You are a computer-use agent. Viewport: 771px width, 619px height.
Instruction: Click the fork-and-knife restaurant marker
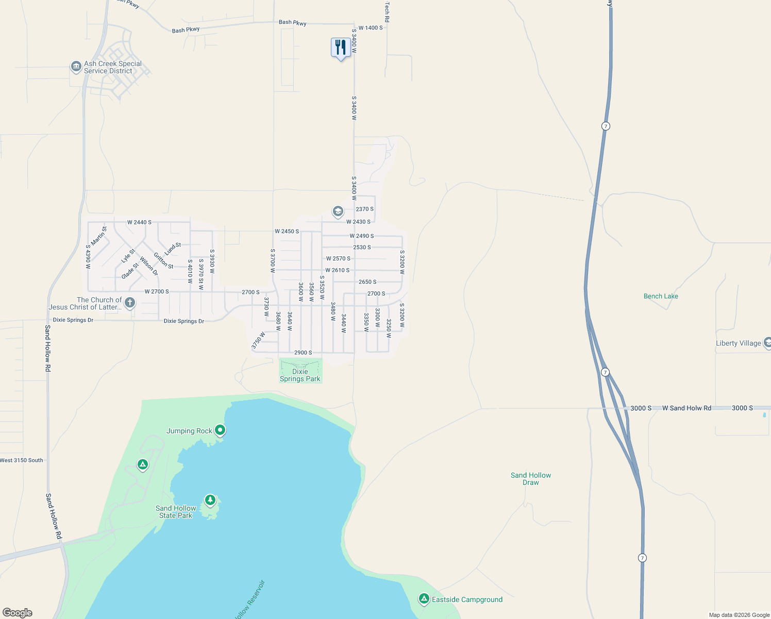pos(340,48)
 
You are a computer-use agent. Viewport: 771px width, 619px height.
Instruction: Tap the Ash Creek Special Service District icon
pos(76,67)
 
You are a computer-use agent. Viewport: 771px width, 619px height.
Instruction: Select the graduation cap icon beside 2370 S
pos(338,211)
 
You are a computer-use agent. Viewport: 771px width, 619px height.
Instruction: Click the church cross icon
pos(130,303)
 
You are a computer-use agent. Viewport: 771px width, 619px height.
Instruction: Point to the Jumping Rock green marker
pos(220,430)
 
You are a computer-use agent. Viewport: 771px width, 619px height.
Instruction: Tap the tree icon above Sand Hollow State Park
pos(210,500)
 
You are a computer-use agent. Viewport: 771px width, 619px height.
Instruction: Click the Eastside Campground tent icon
pos(424,598)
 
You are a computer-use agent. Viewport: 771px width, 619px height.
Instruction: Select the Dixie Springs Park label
pos(300,375)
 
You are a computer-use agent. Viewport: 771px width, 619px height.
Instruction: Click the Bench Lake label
pos(661,296)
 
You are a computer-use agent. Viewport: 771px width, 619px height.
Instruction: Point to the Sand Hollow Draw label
pos(531,479)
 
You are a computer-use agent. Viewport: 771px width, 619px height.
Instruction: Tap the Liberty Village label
pos(738,343)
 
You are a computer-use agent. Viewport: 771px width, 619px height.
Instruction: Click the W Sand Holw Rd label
pos(686,408)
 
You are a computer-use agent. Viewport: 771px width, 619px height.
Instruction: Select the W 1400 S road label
pos(371,28)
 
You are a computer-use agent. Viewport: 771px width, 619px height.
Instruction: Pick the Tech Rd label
pos(387,11)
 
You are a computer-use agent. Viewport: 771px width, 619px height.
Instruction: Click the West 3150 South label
pos(22,460)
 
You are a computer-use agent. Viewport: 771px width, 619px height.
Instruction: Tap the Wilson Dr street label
pos(149,266)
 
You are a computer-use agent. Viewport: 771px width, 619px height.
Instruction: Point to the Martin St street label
pos(98,236)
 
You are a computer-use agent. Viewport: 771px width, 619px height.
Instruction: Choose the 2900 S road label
pos(303,353)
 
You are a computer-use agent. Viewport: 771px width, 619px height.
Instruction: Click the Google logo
pos(18,613)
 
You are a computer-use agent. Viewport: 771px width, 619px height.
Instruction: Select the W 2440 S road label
pos(139,222)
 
